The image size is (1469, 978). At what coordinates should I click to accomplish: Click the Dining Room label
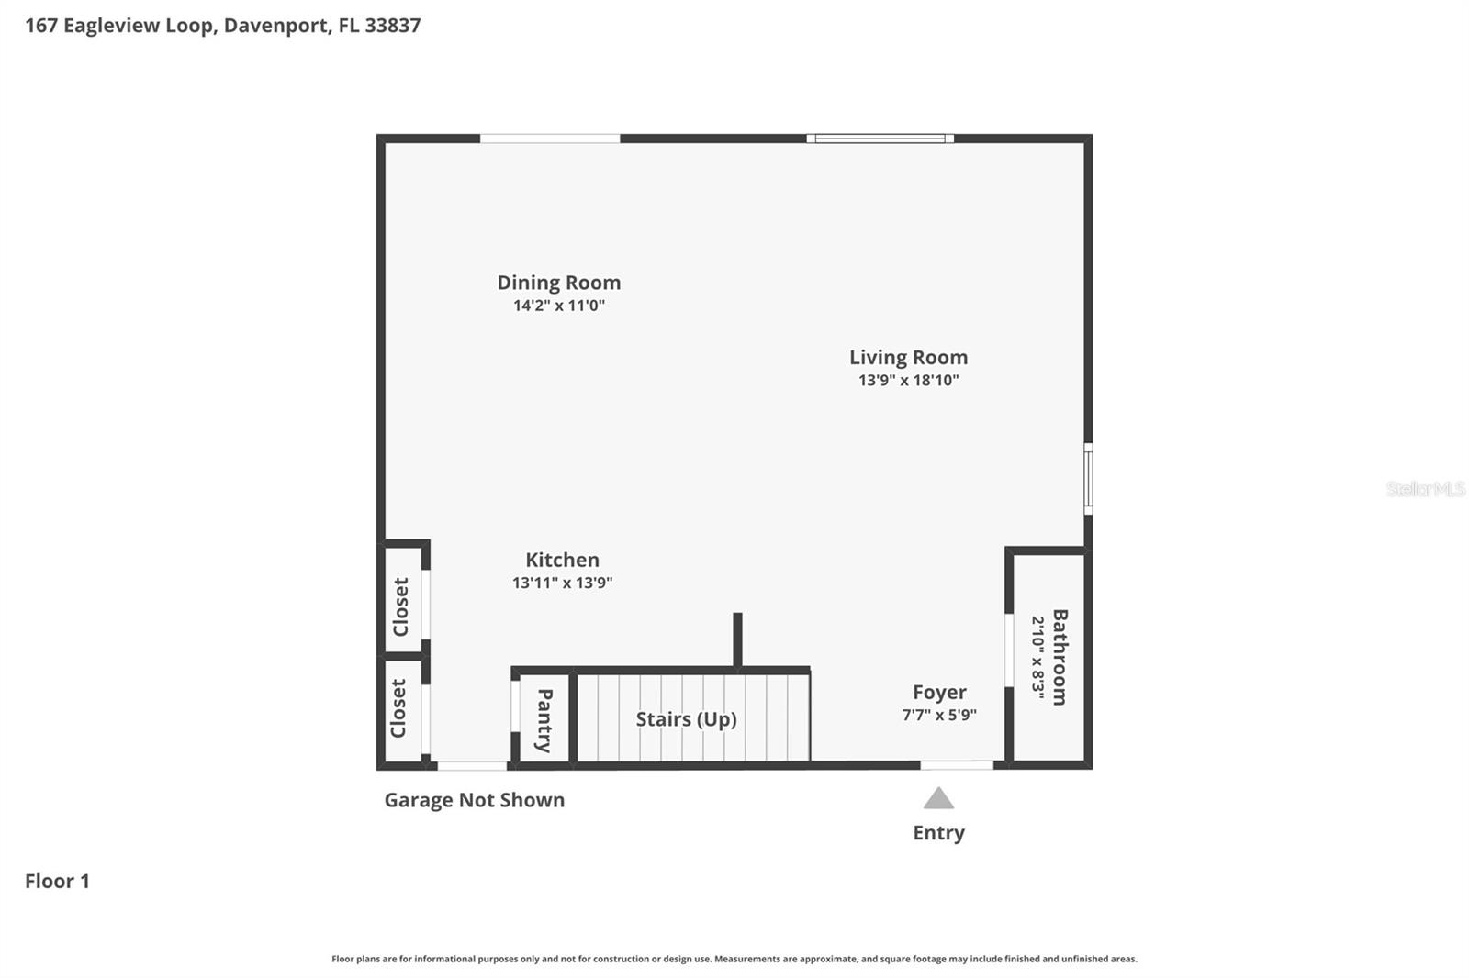[x=558, y=283]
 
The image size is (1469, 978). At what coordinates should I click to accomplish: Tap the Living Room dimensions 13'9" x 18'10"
[x=908, y=380]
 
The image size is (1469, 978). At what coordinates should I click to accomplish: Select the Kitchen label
[x=562, y=560]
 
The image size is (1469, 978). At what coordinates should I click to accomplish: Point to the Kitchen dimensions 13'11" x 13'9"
[x=562, y=583]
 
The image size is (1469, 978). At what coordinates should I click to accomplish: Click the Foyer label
[x=938, y=693]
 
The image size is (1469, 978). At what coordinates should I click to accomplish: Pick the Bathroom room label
[x=1059, y=657]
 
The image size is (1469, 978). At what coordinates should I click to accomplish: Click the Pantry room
[x=544, y=719]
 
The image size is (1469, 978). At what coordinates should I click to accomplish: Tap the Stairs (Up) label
[x=686, y=718]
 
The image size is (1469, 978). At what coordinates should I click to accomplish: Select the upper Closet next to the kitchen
[x=401, y=606]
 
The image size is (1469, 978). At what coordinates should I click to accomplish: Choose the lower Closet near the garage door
[x=399, y=708]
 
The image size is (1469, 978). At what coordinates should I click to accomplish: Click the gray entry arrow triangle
[x=938, y=799]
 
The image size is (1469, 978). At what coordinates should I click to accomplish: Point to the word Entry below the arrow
[x=938, y=833]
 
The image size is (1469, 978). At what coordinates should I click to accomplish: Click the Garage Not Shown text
[x=474, y=800]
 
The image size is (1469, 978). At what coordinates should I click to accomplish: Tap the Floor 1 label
[x=57, y=881]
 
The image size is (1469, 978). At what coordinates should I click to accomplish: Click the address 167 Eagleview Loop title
[x=222, y=25]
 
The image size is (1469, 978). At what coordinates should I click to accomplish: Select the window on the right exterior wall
[x=1088, y=478]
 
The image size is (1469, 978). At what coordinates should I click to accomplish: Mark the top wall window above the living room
[x=880, y=139]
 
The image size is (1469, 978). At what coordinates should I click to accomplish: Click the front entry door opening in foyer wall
[x=957, y=764]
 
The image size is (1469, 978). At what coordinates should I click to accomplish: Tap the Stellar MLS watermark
[x=1425, y=489]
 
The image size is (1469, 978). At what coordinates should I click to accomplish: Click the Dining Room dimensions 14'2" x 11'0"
[x=558, y=306]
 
